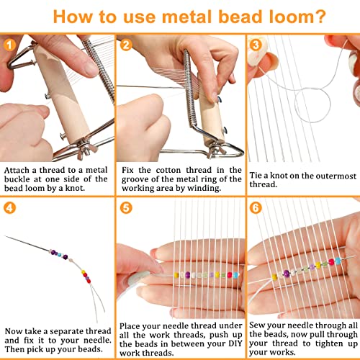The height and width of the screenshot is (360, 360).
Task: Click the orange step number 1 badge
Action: click(9, 45)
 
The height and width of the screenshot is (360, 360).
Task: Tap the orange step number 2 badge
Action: click(127, 45)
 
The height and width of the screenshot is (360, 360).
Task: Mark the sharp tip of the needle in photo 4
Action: click(6, 236)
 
